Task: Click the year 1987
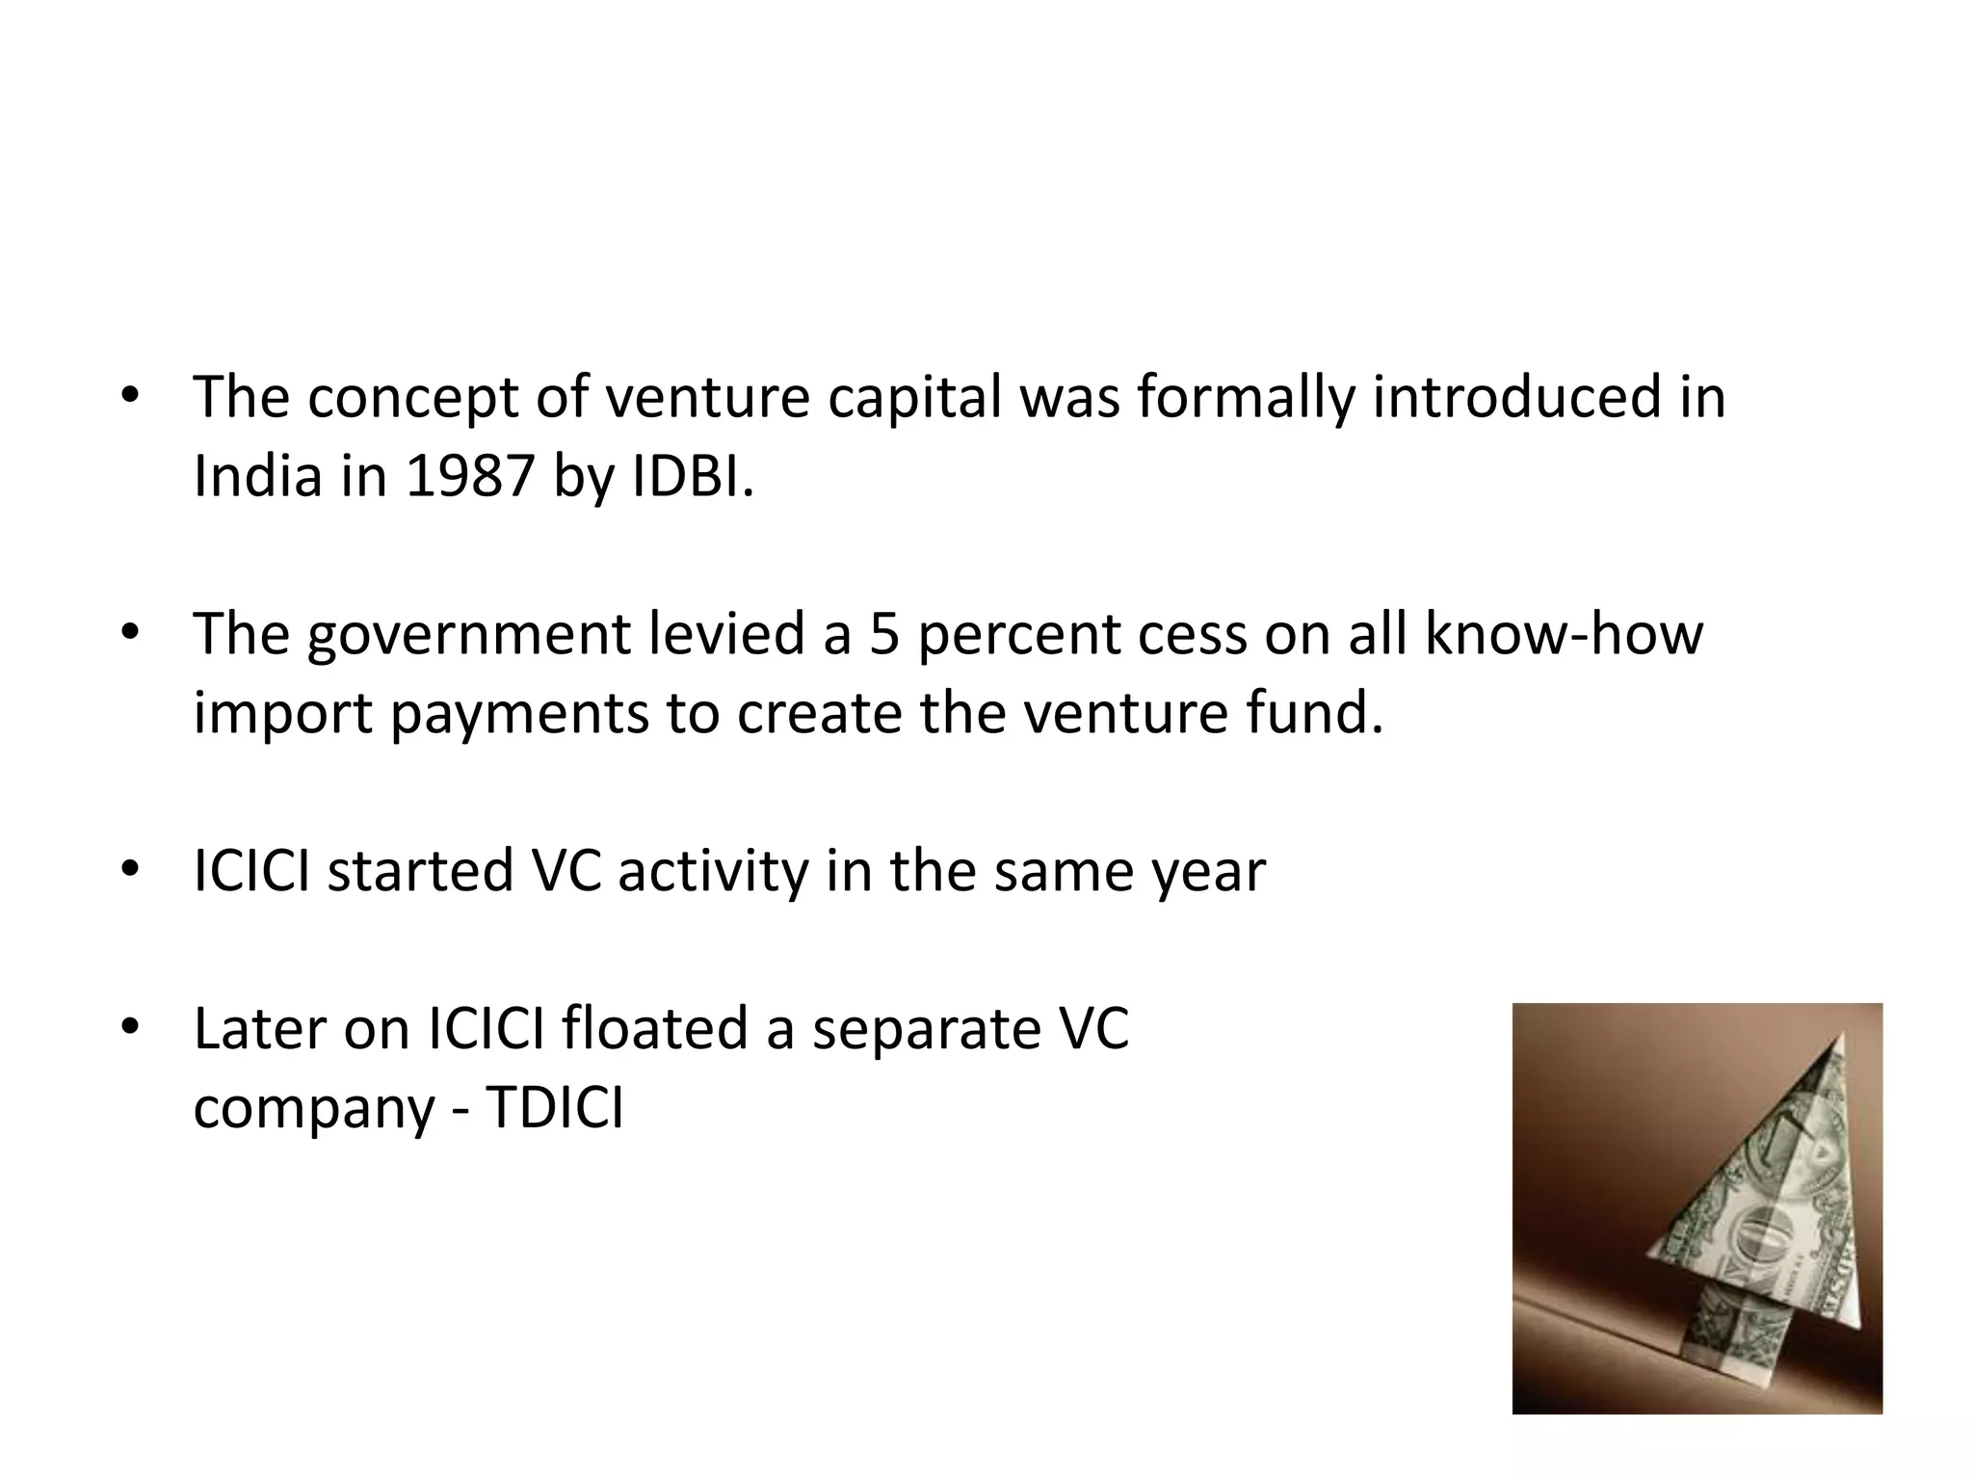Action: [x=469, y=476]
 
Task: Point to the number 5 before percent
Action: [x=883, y=634]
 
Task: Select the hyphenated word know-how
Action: [x=1564, y=634]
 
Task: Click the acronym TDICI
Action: [x=555, y=1108]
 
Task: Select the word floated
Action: [x=654, y=1028]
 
